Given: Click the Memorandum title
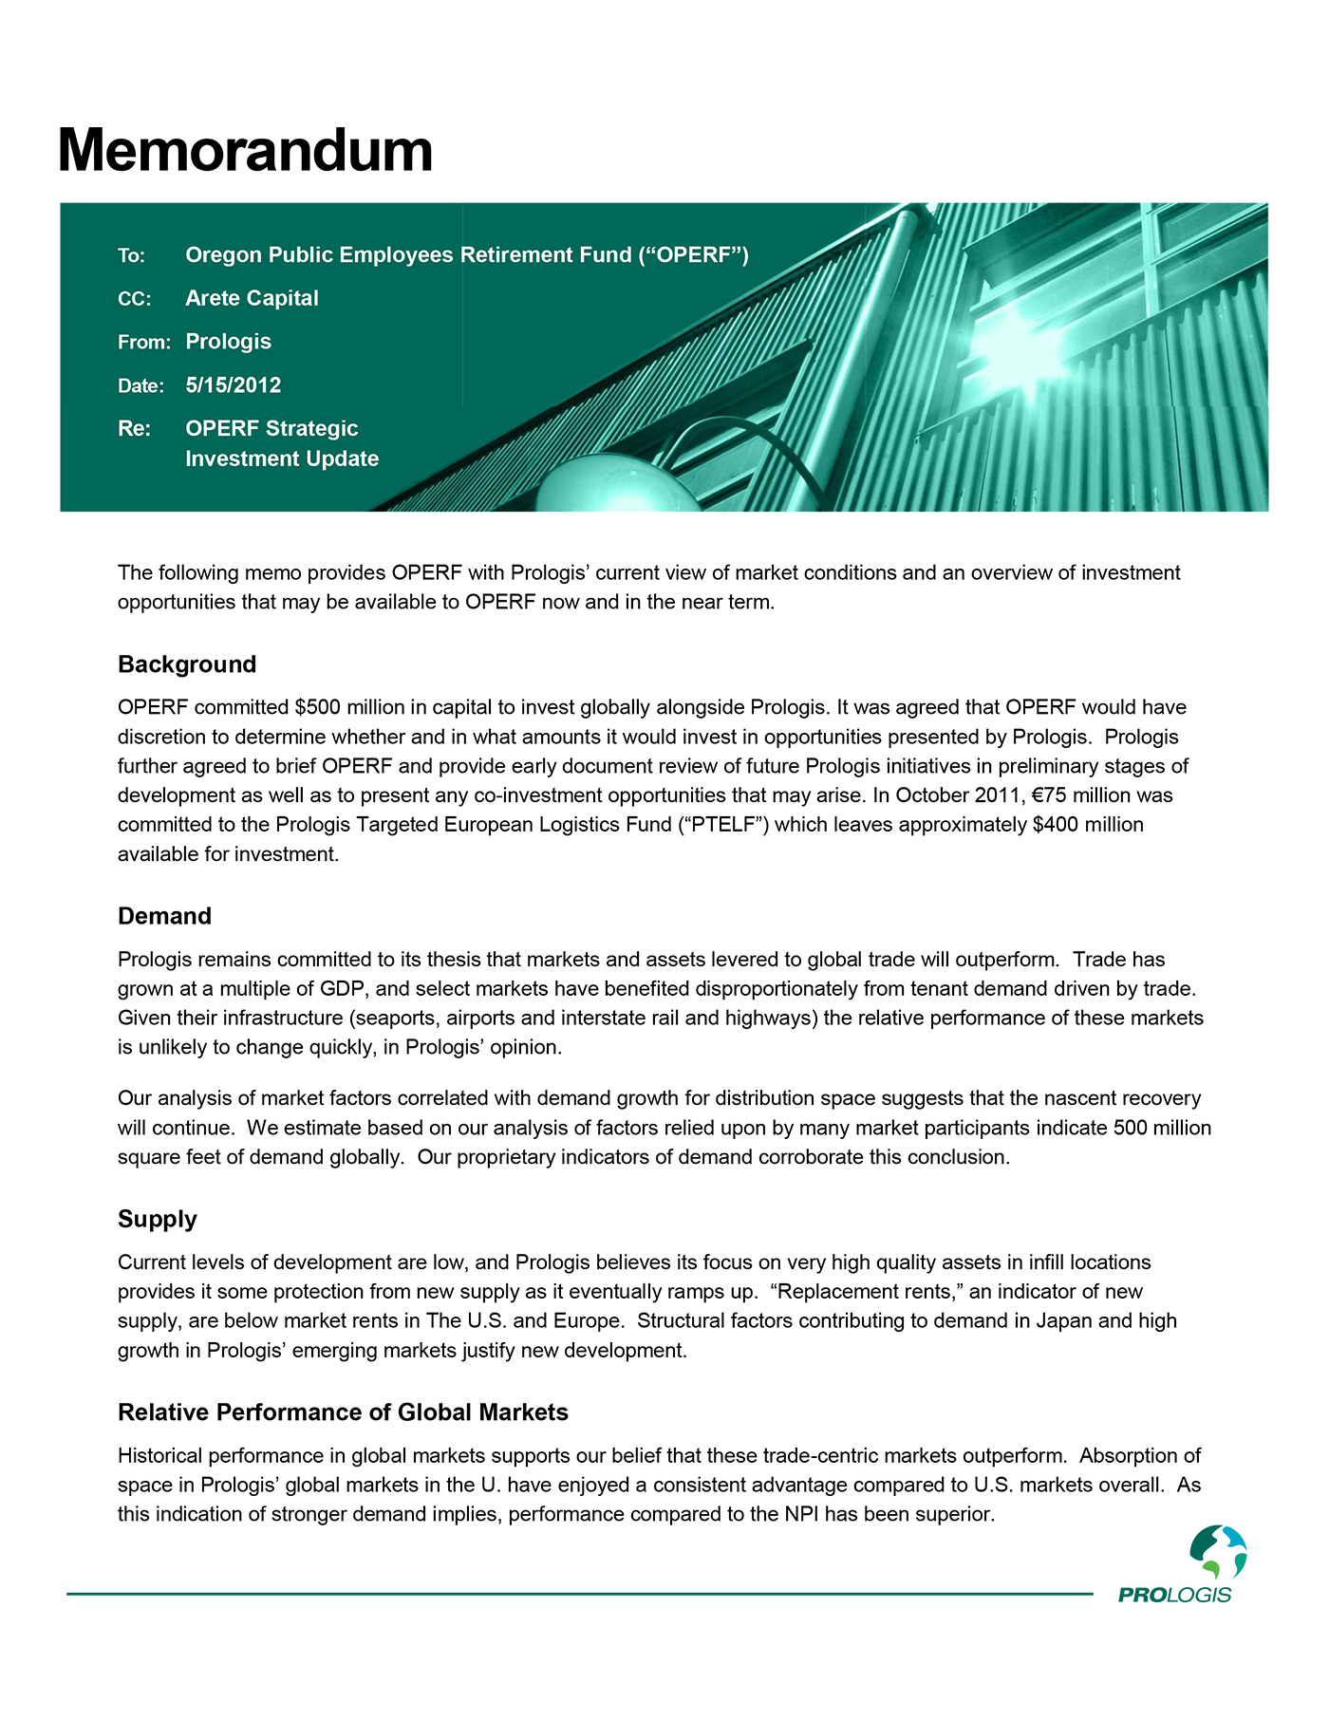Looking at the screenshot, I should click(x=245, y=151).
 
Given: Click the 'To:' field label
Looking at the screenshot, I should click(x=131, y=255).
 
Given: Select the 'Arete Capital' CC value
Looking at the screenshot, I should click(x=252, y=298).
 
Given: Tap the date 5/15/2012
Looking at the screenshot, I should click(x=233, y=385).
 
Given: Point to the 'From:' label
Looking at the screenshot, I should click(x=143, y=342).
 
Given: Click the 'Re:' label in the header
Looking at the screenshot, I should click(x=134, y=429).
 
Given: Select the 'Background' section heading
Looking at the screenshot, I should click(x=187, y=664).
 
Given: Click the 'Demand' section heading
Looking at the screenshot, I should click(x=164, y=916).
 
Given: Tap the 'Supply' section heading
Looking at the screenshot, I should click(x=158, y=1219).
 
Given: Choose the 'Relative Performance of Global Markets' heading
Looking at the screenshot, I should click(x=343, y=1412).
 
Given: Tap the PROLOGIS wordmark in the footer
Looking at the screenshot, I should click(x=1174, y=1595).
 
